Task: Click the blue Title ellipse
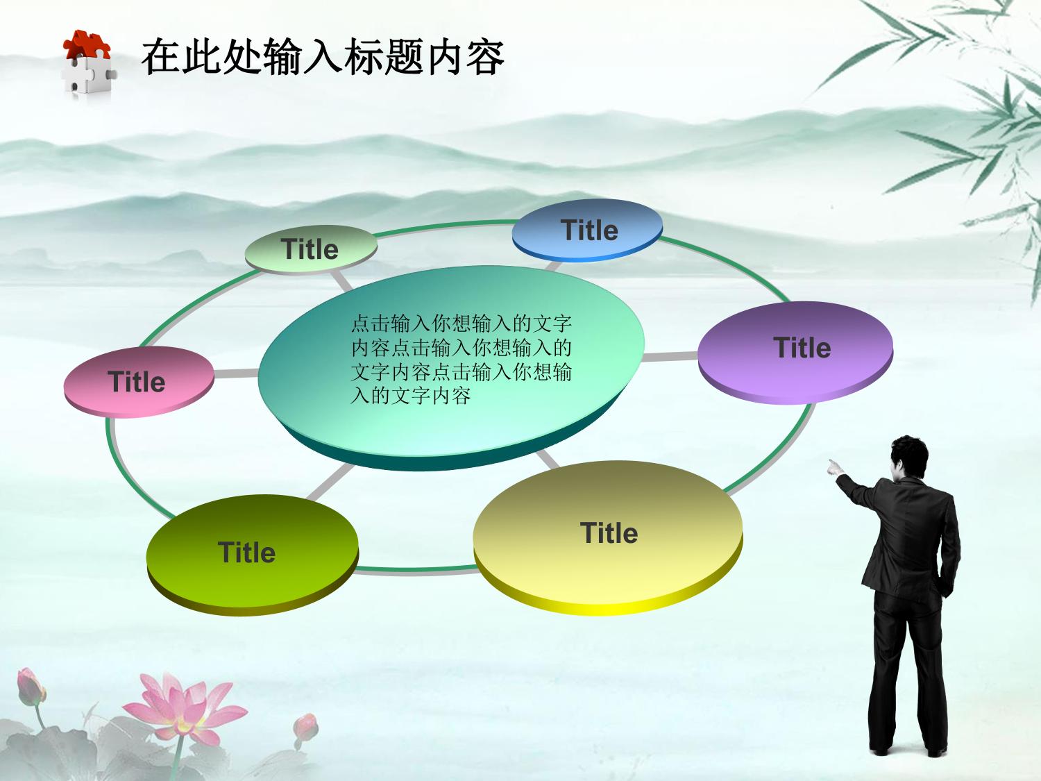point(587,230)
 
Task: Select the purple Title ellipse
point(795,353)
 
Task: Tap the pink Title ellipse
point(139,383)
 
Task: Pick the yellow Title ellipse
point(608,538)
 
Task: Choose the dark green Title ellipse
point(253,555)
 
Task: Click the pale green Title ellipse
point(311,250)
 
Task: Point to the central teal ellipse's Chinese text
point(461,360)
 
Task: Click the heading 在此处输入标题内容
point(323,58)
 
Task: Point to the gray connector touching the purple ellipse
point(670,356)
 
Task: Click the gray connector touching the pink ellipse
point(236,373)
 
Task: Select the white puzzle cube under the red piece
point(89,74)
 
